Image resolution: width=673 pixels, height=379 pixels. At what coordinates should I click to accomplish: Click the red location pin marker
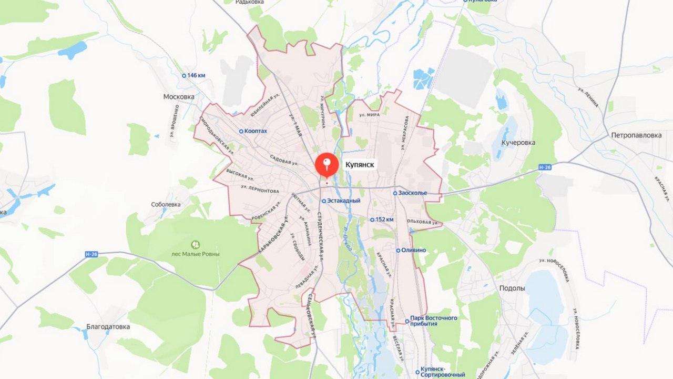327,164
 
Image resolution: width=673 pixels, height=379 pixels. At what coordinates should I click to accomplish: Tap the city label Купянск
360,165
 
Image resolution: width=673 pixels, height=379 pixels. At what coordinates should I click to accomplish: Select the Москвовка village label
179,97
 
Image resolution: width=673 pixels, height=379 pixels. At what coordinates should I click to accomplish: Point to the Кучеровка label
518,143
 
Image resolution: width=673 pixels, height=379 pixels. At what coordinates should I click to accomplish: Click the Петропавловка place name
636,135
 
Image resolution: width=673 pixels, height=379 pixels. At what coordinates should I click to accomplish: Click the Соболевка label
166,204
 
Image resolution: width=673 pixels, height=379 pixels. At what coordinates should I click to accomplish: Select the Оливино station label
413,250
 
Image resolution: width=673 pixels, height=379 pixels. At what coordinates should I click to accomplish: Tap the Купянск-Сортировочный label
443,372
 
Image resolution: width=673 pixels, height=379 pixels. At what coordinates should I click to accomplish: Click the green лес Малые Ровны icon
196,244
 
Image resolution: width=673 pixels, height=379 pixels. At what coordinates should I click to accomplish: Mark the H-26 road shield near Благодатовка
91,254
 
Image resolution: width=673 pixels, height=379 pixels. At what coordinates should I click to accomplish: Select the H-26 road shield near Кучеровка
545,167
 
